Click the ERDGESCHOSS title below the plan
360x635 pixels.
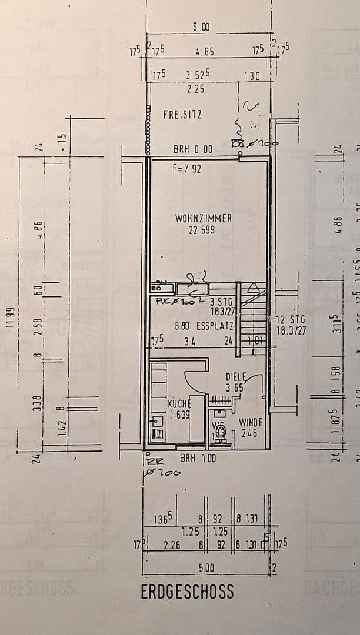(187, 591)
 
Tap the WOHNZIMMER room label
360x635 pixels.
(204, 218)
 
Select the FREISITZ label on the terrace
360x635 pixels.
(182, 115)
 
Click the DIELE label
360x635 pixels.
(235, 377)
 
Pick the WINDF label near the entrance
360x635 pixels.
(250, 422)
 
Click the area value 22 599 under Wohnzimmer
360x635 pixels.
(202, 230)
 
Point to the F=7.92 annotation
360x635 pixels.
(187, 168)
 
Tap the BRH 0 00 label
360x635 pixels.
(192, 150)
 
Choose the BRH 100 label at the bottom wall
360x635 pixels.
(198, 458)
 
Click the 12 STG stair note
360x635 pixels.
(291, 319)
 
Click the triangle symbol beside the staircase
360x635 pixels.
(254, 288)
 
